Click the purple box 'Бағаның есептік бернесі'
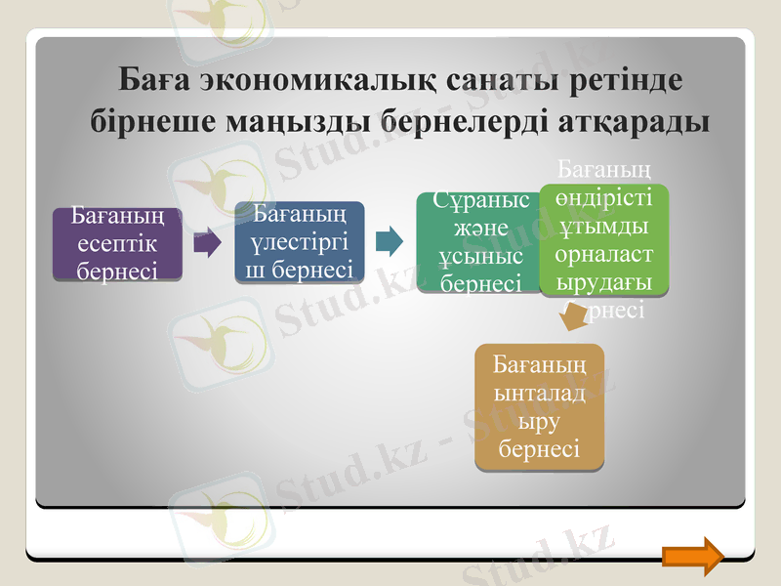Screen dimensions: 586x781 pos(117,243)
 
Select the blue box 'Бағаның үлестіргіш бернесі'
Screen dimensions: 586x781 pos(300,242)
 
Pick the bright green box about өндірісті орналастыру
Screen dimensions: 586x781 pos(604,239)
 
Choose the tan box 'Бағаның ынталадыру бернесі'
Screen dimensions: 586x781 pos(539,406)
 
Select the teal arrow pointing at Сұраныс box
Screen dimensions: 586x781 pos(389,240)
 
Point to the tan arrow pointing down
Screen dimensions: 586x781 pos(572,314)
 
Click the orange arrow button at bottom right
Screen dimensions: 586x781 pos(692,555)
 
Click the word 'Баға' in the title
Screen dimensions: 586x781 pos(151,80)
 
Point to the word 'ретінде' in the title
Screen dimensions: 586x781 pos(623,80)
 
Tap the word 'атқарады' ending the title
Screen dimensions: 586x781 pos(635,123)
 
